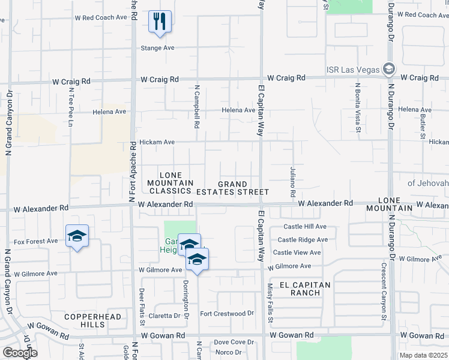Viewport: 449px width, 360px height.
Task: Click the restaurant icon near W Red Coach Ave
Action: click(160, 22)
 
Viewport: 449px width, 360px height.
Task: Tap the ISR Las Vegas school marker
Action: click(389, 68)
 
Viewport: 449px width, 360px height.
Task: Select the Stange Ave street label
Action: click(157, 48)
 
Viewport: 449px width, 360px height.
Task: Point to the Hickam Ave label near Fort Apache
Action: click(157, 142)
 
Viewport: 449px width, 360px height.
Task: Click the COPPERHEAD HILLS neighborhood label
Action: click(93, 320)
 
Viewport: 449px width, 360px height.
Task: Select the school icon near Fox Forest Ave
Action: click(77, 236)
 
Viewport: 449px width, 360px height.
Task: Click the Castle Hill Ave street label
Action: click(305, 227)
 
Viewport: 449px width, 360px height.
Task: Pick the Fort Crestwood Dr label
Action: click(227, 314)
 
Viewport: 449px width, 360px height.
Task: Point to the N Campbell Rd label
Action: click(196, 107)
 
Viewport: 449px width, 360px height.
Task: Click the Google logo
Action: click(20, 353)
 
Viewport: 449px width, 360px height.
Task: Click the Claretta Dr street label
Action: click(165, 316)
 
